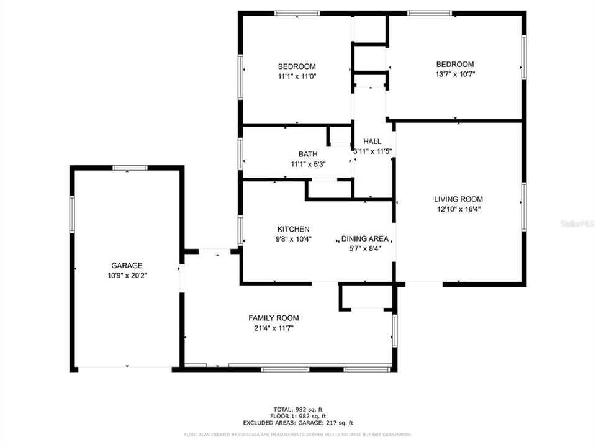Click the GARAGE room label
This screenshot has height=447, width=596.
(127, 265)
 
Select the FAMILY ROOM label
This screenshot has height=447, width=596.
(274, 318)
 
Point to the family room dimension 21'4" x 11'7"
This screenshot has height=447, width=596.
(274, 328)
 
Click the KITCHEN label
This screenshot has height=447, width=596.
(293, 229)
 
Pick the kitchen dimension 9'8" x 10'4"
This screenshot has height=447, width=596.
(294, 238)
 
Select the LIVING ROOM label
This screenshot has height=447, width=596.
(458, 199)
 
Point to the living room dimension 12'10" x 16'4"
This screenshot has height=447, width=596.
(458, 209)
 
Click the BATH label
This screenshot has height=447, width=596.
(308, 155)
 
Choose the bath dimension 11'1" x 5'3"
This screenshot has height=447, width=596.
(308, 164)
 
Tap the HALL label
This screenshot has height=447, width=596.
(372, 142)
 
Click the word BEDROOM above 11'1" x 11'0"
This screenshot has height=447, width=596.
(297, 66)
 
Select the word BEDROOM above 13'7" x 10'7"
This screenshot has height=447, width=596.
(454, 65)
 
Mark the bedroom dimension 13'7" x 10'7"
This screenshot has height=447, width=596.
(454, 74)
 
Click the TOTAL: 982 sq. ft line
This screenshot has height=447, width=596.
(298, 409)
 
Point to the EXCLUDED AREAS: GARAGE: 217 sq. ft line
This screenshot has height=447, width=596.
(298, 422)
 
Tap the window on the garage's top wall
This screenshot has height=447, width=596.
(130, 167)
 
